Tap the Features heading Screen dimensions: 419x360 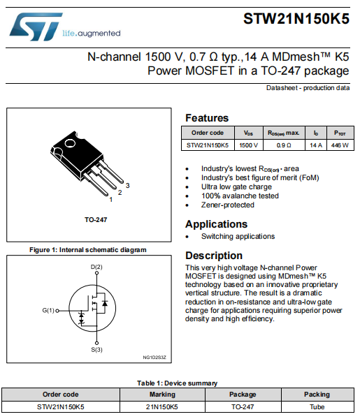click(x=206, y=118)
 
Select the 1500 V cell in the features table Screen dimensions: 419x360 click(x=248, y=145)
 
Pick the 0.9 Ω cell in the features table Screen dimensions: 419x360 click(x=283, y=145)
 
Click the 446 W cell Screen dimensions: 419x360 click(x=340, y=145)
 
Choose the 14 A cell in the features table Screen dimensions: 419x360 click(x=315, y=145)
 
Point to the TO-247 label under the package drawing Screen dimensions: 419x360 click(x=96, y=219)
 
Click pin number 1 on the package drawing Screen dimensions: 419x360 click(x=110, y=199)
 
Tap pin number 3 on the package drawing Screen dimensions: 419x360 click(x=128, y=184)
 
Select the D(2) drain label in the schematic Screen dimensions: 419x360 click(x=96, y=267)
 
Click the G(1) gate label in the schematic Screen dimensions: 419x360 click(x=48, y=310)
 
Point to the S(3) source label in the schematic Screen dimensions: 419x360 click(x=96, y=349)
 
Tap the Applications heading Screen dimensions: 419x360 click(x=216, y=224)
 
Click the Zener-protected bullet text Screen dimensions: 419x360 click(x=228, y=205)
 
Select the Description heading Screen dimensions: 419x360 click(x=214, y=256)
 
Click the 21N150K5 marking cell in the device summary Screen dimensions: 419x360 click(x=161, y=406)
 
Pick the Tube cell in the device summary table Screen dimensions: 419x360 click(x=317, y=406)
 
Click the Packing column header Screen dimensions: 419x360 click(x=317, y=394)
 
